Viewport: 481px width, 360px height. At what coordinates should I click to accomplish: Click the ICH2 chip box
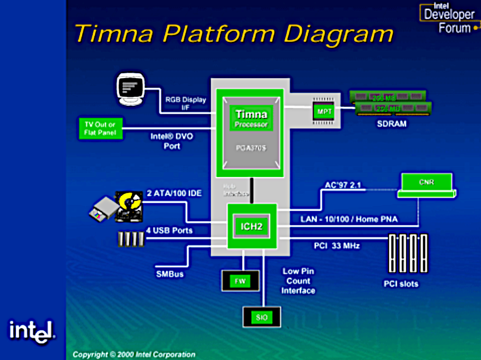tap(252, 226)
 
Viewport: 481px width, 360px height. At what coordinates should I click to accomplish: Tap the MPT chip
tap(324, 112)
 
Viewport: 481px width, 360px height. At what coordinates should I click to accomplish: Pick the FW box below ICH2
tap(240, 281)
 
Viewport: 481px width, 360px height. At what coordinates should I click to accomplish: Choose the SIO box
tap(262, 317)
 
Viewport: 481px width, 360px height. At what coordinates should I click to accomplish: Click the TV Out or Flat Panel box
tap(99, 128)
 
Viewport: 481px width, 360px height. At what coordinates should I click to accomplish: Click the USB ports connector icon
tap(131, 239)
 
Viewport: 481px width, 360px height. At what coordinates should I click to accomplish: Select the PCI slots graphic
tap(408, 253)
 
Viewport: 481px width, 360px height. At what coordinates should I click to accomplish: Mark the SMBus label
tap(169, 273)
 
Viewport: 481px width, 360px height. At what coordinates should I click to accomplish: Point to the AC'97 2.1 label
tap(342, 185)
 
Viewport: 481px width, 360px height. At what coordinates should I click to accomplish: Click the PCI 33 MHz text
tap(337, 245)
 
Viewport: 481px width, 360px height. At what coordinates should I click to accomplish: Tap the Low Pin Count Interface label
tap(298, 281)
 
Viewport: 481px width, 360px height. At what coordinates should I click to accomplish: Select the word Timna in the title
tap(114, 34)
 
